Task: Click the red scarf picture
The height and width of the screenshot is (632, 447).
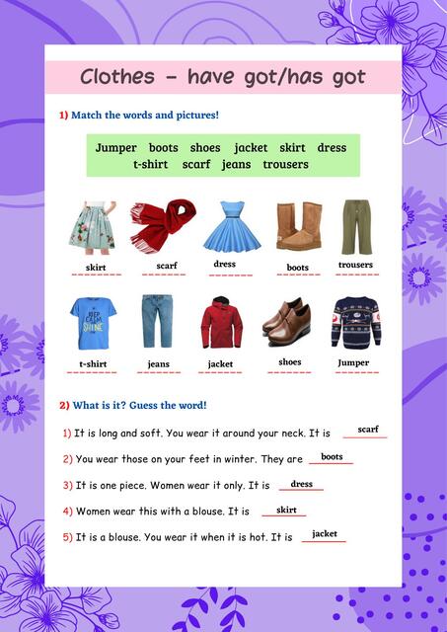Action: click(166, 224)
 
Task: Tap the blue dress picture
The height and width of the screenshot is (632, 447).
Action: click(232, 225)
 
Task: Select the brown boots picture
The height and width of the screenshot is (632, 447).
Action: click(298, 225)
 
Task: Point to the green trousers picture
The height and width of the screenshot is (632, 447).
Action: click(356, 226)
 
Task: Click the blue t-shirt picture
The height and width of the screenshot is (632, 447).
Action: click(94, 321)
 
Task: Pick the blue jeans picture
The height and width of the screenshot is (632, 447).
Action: click(158, 321)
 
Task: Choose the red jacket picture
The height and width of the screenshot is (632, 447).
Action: click(221, 321)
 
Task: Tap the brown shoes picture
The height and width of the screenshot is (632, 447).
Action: click(287, 321)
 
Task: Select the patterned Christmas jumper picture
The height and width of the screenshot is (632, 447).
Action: click(354, 321)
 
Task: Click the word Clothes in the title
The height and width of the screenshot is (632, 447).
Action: click(116, 77)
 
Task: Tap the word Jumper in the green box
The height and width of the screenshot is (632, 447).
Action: click(116, 148)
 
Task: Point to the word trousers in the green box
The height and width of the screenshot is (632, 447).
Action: click(285, 164)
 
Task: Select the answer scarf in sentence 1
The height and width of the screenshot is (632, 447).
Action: click(368, 430)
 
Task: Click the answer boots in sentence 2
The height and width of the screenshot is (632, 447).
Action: click(332, 457)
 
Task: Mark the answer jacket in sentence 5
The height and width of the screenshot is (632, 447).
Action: click(325, 534)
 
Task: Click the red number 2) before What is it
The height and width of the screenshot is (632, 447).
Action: click(64, 405)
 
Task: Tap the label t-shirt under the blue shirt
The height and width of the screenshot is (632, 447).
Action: click(93, 364)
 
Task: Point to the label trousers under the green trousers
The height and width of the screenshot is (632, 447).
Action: click(355, 265)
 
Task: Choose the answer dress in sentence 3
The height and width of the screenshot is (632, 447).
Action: click(301, 484)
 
